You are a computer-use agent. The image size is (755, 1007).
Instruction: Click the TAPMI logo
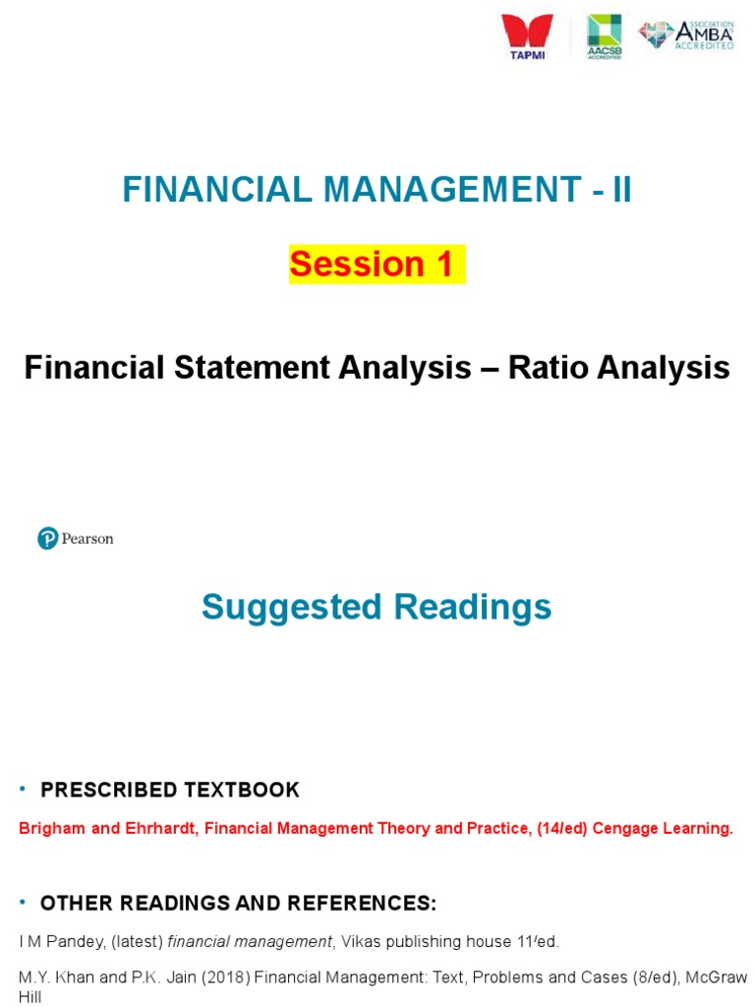[x=527, y=36]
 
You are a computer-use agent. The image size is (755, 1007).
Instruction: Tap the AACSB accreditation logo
[x=604, y=36]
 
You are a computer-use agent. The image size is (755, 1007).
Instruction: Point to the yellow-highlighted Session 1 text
[x=376, y=264]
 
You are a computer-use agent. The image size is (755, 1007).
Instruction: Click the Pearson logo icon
[x=47, y=539]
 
